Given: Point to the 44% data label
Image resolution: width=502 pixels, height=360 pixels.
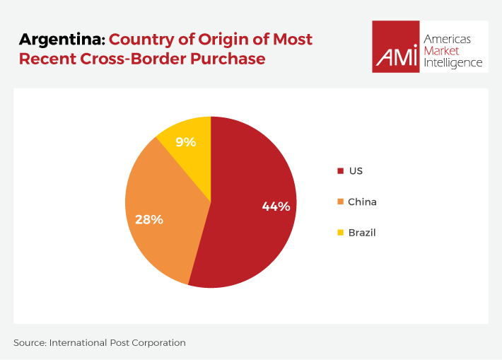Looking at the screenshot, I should point(276,207).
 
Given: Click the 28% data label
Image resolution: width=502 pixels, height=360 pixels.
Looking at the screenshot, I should point(149,219).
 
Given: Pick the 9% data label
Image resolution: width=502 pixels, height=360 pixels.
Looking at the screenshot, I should point(186,142).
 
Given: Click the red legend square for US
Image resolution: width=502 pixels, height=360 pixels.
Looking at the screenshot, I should point(340,170).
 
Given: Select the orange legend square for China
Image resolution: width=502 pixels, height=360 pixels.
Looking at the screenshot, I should point(340,202).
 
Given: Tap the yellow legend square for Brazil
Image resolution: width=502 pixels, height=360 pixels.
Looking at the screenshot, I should point(340,232).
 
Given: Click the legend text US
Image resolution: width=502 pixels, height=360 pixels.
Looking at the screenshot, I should point(355,170).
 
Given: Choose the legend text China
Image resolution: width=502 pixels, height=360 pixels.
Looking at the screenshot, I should point(362,202).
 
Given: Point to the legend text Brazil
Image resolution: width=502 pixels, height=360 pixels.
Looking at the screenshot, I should point(361,232).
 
